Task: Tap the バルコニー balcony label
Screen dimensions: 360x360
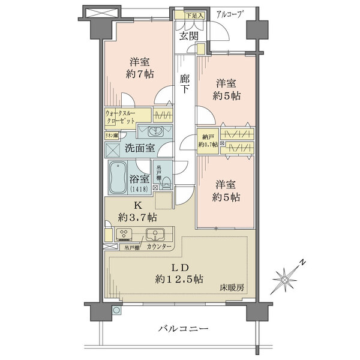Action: pos(184,329)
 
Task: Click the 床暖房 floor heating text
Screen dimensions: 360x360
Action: pos(232,288)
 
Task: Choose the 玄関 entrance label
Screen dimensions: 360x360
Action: pos(189,35)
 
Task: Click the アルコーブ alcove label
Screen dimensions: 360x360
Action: pos(229,14)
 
